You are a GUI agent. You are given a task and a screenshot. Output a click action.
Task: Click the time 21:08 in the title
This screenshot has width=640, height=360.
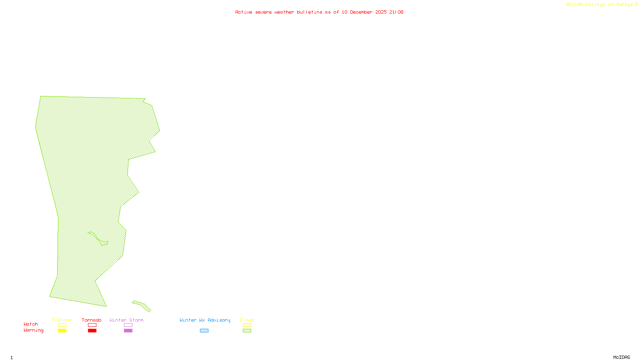(396, 12)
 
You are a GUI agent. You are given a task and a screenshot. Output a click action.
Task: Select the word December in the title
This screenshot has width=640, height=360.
(361, 12)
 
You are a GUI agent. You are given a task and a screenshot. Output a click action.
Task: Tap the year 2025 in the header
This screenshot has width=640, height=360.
(381, 12)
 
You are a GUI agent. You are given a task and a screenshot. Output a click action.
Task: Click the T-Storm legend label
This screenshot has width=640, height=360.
(62, 320)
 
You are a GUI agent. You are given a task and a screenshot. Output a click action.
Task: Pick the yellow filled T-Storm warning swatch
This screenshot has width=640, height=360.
(62, 331)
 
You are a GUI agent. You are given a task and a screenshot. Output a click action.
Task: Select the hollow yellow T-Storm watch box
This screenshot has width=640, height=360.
(62, 325)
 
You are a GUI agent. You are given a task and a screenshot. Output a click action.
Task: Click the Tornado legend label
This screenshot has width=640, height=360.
(92, 320)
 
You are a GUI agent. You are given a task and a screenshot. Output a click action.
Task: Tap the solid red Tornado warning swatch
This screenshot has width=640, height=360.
(92, 331)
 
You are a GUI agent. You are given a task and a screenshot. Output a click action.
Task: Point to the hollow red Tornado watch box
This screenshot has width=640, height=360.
(92, 325)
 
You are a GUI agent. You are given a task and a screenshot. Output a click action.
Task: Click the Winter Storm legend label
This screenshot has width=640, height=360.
(126, 320)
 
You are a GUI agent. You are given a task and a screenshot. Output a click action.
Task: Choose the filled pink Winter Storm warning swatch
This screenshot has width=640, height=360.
(128, 331)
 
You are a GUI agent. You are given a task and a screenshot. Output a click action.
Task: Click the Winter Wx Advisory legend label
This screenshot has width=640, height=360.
(205, 320)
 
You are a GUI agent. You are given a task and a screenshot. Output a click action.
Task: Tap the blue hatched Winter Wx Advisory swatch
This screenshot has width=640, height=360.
(204, 331)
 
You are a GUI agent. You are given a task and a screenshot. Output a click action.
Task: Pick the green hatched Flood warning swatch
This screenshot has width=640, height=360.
(247, 331)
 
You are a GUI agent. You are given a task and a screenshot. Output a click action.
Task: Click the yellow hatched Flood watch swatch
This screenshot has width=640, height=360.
(247, 325)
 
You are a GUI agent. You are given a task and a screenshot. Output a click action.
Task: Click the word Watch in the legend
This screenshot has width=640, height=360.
(31, 324)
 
